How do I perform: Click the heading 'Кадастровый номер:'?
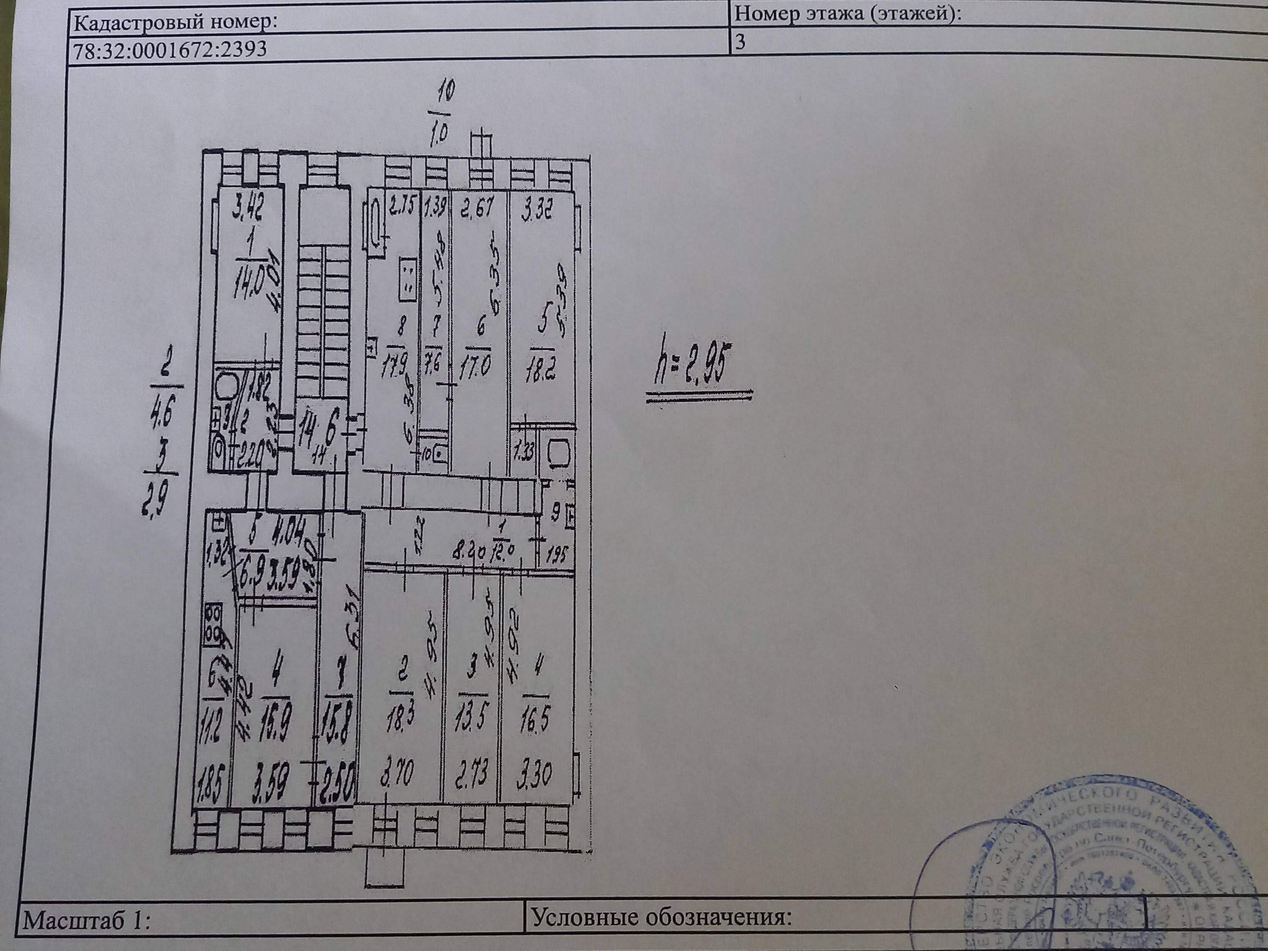175,22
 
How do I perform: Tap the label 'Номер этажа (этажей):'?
848,13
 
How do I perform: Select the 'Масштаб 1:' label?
87,920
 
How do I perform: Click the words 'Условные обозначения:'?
661,917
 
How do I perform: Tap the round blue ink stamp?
1096,872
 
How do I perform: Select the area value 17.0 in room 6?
475,367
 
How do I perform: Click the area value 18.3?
399,719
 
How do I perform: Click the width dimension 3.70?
397,773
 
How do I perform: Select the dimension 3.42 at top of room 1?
248,207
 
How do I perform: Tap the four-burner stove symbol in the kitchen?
213,624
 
